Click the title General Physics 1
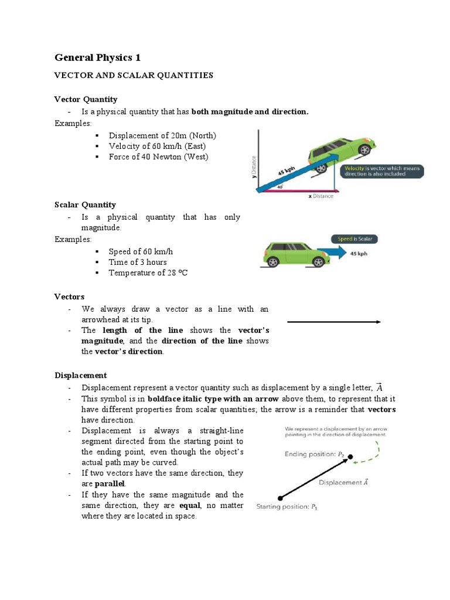[97, 57]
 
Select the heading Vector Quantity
[86, 99]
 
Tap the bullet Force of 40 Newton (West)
[158, 156]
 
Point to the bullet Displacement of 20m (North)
[162, 135]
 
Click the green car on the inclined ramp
[343, 153]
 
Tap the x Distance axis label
[321, 196]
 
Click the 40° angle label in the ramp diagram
[279, 187]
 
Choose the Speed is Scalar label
[354, 238]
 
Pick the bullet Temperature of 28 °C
[148, 272]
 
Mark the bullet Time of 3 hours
[137, 262]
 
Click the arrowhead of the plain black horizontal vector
[379, 322]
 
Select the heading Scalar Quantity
[85, 204]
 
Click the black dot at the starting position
[281, 497]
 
